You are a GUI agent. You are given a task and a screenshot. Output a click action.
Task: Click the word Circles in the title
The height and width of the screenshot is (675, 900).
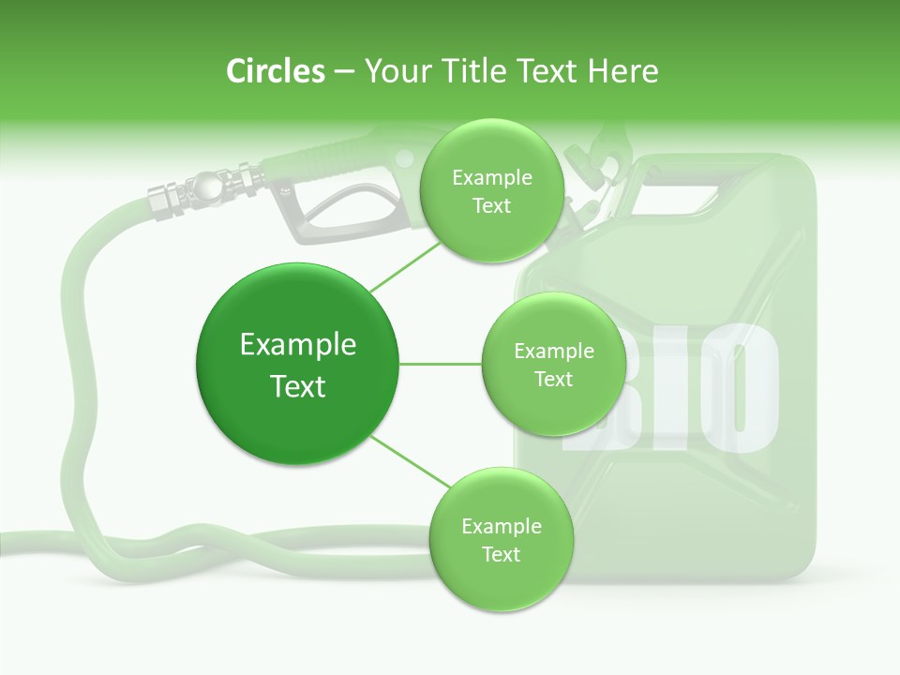pyautogui.click(x=276, y=71)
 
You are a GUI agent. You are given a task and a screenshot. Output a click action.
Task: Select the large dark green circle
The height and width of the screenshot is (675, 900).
pyautogui.click(x=297, y=364)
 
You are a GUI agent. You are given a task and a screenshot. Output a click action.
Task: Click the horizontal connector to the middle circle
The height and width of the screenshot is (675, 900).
pyautogui.click(x=440, y=364)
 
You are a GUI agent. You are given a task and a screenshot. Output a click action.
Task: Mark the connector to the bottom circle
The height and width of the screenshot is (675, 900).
pyautogui.click(x=409, y=461)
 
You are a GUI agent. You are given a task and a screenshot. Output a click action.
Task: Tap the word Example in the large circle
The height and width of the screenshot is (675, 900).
pyautogui.click(x=297, y=345)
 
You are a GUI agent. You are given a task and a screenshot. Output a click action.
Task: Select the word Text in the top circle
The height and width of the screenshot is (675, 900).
pyautogui.click(x=491, y=206)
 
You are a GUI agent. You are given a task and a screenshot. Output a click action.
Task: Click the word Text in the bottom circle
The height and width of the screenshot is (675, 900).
pyautogui.click(x=501, y=555)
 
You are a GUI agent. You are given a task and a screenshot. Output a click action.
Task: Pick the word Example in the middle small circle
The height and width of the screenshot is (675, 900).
pyautogui.click(x=553, y=352)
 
